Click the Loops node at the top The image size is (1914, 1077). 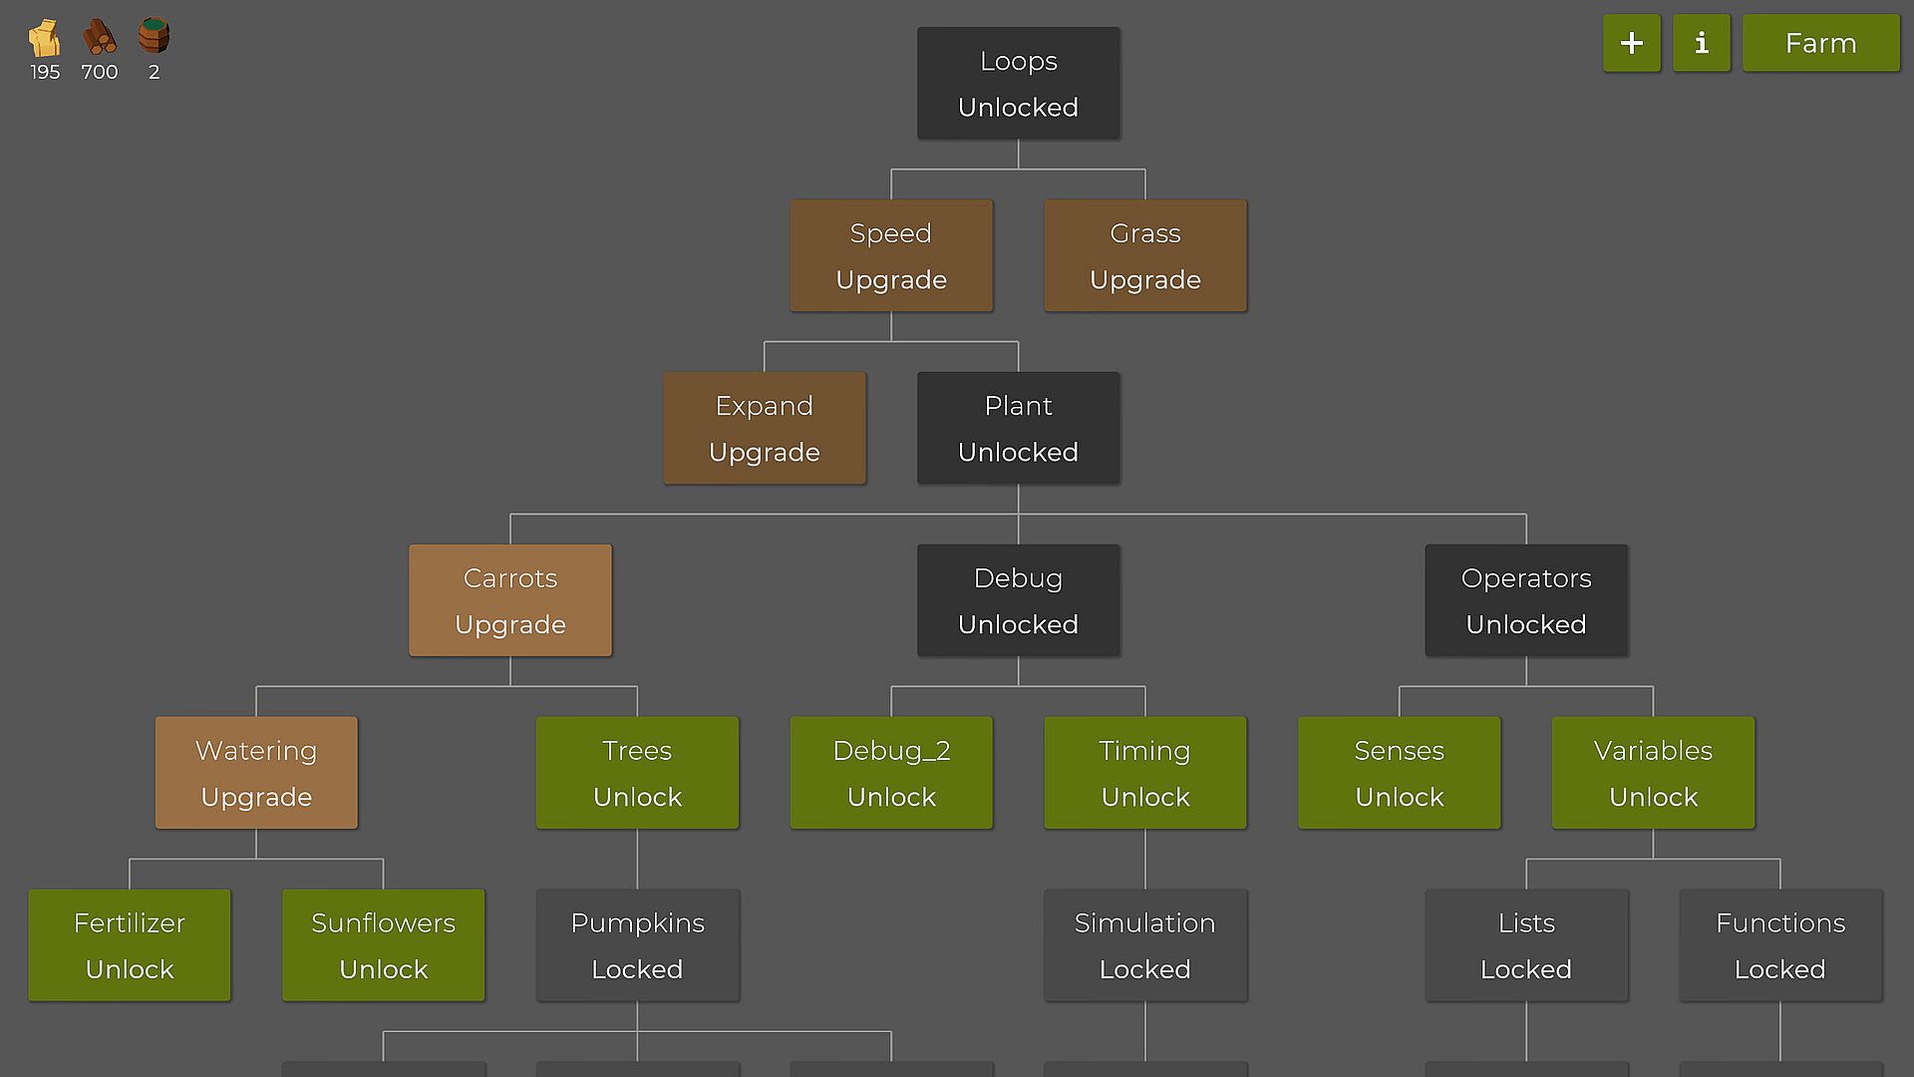1018,83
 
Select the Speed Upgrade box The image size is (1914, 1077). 891,255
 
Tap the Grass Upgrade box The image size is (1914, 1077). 1144,255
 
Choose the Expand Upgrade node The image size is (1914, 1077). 765,428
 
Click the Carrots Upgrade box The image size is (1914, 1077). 510,600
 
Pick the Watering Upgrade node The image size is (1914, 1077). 256,773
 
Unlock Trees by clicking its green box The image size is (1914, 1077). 637,773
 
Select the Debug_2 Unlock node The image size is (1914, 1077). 891,773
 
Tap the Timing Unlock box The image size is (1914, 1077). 1144,773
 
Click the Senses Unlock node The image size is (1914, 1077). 1399,773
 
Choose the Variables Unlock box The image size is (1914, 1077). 1653,773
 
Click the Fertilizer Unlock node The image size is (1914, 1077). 130,945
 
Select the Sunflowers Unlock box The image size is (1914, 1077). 384,945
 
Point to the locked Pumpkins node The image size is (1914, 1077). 637,945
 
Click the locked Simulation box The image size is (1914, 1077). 1144,945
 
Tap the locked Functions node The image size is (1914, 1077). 1780,945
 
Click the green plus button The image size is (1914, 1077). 1632,43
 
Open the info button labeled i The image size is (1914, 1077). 1702,43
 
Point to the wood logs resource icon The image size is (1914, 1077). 99,38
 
